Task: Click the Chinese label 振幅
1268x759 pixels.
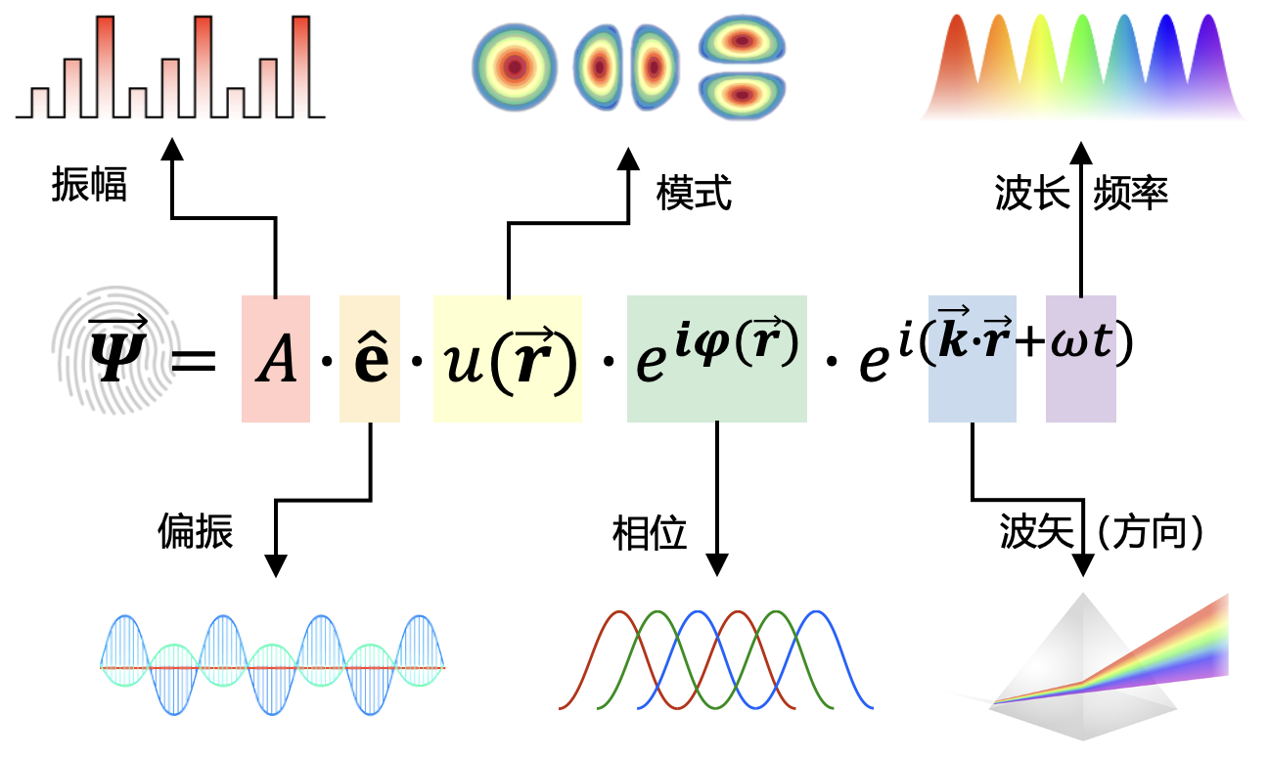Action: [x=89, y=185]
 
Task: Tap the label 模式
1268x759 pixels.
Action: [x=694, y=193]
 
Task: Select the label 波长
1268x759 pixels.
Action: [x=1032, y=193]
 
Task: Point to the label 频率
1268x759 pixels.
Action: [x=1130, y=193]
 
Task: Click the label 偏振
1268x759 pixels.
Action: [x=196, y=531]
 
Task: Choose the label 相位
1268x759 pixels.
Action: [x=650, y=533]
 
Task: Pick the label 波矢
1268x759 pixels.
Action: [x=1037, y=531]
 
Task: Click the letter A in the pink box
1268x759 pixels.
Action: [x=276, y=359]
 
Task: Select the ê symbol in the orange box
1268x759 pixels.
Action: [x=371, y=357]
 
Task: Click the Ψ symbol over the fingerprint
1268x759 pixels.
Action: [x=118, y=350]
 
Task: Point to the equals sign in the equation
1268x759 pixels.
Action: [x=194, y=361]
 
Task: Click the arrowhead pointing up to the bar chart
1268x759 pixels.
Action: [x=172, y=149]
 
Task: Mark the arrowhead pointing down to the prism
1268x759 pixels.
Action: [x=1083, y=565]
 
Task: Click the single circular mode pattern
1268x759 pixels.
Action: [x=515, y=67]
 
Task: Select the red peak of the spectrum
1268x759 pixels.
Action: [x=957, y=63]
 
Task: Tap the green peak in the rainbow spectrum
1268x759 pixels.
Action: [x=1082, y=63]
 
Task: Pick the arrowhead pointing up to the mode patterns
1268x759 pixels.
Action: [x=628, y=159]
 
